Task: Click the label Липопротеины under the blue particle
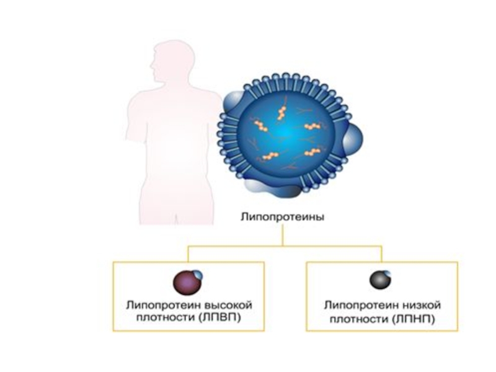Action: point(282,217)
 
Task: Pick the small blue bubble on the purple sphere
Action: point(197,274)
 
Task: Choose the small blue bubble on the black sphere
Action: point(387,274)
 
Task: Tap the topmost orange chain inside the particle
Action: point(281,112)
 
